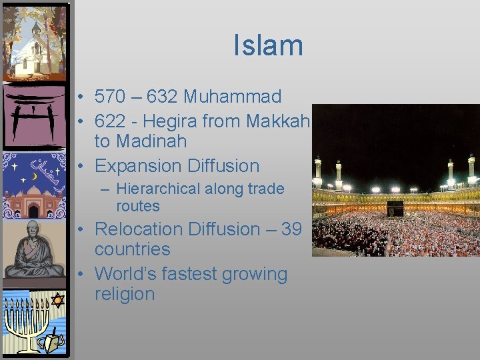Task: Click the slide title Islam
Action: (x=268, y=45)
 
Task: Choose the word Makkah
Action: (x=278, y=121)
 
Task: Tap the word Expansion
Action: (x=139, y=165)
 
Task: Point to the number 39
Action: (x=291, y=229)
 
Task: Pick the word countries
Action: (x=132, y=249)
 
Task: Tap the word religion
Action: (x=125, y=294)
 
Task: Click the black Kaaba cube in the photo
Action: (x=395, y=209)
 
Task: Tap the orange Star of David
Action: (x=57, y=300)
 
